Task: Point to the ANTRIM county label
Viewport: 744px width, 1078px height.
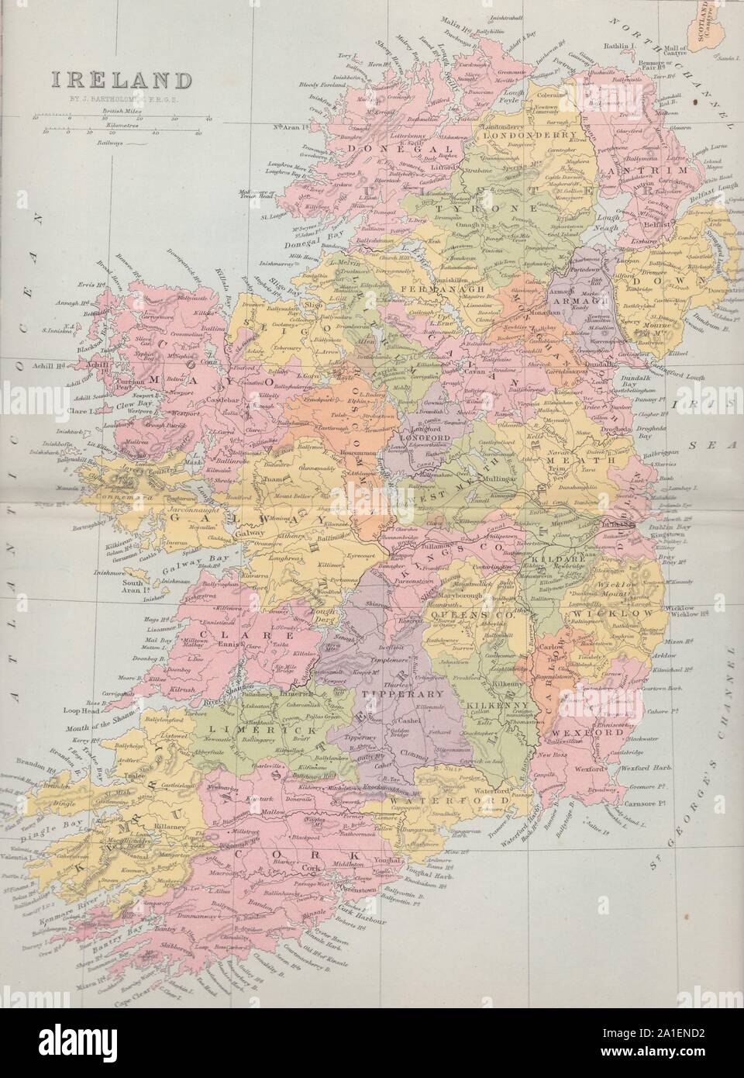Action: (649, 169)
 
